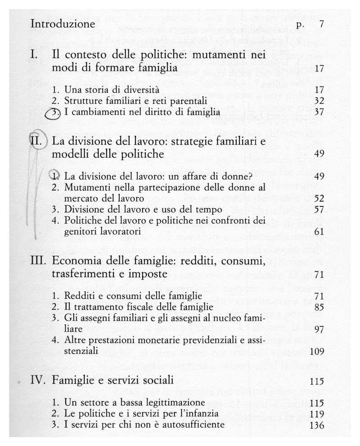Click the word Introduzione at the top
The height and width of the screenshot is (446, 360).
point(63,24)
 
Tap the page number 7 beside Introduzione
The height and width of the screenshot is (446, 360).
point(321,24)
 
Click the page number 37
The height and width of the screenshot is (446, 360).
point(319,111)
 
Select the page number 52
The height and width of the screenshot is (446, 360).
point(319,198)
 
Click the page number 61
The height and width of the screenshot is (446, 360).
point(319,232)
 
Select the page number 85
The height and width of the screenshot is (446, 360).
point(319,308)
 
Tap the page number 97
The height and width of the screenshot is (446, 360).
point(319,330)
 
